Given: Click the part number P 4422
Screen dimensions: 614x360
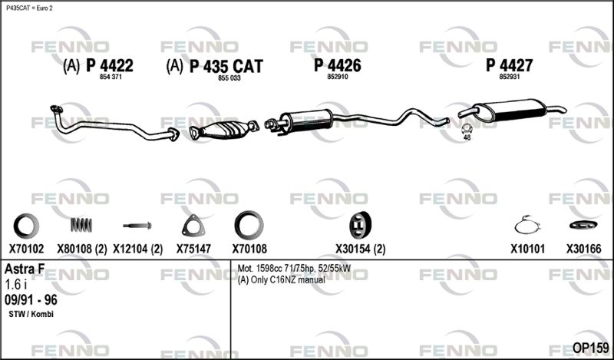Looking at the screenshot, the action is pos(110,65).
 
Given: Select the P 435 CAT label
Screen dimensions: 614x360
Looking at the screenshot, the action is pos(226,66).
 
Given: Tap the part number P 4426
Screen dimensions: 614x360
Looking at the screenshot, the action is pos(337,65).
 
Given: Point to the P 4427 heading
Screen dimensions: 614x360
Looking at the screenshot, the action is pos(509,65).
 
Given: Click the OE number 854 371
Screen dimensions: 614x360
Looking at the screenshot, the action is pos(111,78).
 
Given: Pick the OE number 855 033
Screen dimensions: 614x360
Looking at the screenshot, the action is pos(229,78).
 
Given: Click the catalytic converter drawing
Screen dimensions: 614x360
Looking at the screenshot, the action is pos(224,129).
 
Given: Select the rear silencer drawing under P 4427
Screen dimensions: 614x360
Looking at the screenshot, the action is pos(511,110).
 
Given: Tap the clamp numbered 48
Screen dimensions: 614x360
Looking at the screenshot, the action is pos(467,128).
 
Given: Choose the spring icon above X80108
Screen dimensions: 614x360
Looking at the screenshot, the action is pos(81,225).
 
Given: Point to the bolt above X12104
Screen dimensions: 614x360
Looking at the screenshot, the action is pos(137,226).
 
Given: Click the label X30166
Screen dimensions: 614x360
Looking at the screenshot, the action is pos(583,249).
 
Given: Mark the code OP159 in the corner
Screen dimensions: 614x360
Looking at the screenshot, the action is pos(590,348).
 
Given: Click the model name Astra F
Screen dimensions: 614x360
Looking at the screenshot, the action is pos(25,269).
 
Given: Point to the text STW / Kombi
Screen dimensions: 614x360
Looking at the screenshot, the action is pos(31,314).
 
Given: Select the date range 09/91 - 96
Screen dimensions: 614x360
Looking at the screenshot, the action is pos(31,300).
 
